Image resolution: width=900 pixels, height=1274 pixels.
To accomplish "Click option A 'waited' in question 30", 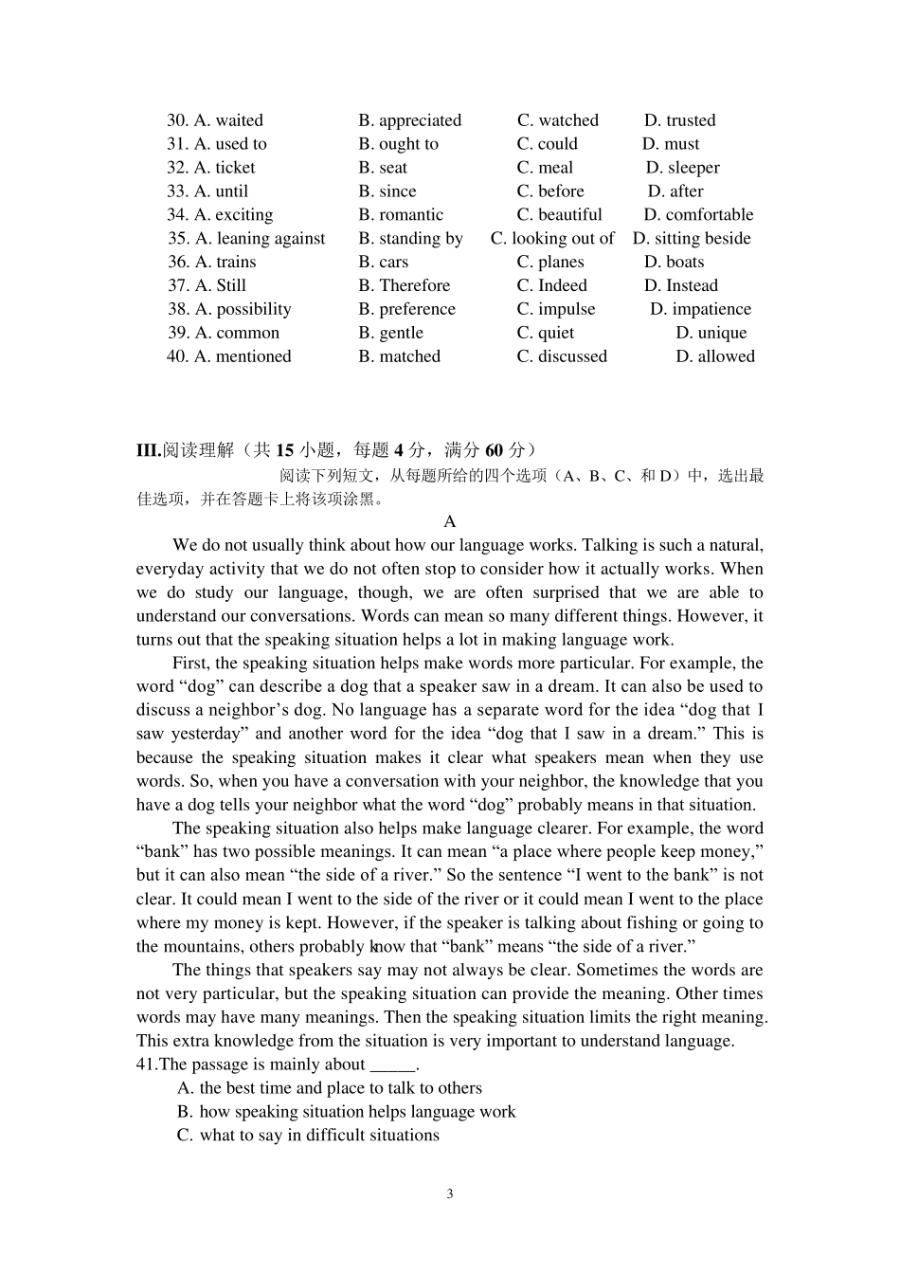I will pyautogui.click(x=228, y=120).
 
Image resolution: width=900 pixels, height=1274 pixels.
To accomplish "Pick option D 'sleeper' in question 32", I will pyautogui.click(x=683, y=168).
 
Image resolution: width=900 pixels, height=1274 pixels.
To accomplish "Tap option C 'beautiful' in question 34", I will pyautogui.click(x=559, y=215).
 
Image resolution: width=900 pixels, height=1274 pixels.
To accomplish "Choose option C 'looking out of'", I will pyautogui.click(x=552, y=239).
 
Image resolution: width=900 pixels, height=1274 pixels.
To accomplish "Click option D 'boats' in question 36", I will pyautogui.click(x=674, y=263).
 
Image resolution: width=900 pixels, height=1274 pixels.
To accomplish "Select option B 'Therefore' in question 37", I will pyautogui.click(x=405, y=286).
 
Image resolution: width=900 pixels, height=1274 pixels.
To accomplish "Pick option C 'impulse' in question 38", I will pyautogui.click(x=556, y=310).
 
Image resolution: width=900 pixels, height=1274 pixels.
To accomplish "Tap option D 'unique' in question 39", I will pyautogui.click(x=711, y=334).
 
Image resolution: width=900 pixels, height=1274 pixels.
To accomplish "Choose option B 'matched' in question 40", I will pyautogui.click(x=399, y=357).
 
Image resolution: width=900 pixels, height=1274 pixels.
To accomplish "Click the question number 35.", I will pyautogui.click(x=178, y=239).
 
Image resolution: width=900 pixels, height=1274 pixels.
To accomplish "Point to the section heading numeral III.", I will pyautogui.click(x=148, y=450).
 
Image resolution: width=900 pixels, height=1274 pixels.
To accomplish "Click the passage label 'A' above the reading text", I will pyautogui.click(x=450, y=521).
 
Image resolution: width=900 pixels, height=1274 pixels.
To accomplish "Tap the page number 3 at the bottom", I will pyautogui.click(x=450, y=1194).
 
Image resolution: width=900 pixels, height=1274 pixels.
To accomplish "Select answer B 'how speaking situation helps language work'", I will pyautogui.click(x=347, y=1112).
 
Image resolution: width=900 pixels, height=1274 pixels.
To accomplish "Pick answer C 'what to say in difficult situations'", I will pyautogui.click(x=308, y=1136).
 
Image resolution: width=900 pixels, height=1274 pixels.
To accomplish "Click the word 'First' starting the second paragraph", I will pyautogui.click(x=190, y=664).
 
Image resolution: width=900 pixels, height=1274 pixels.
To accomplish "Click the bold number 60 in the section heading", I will pyautogui.click(x=494, y=450).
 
